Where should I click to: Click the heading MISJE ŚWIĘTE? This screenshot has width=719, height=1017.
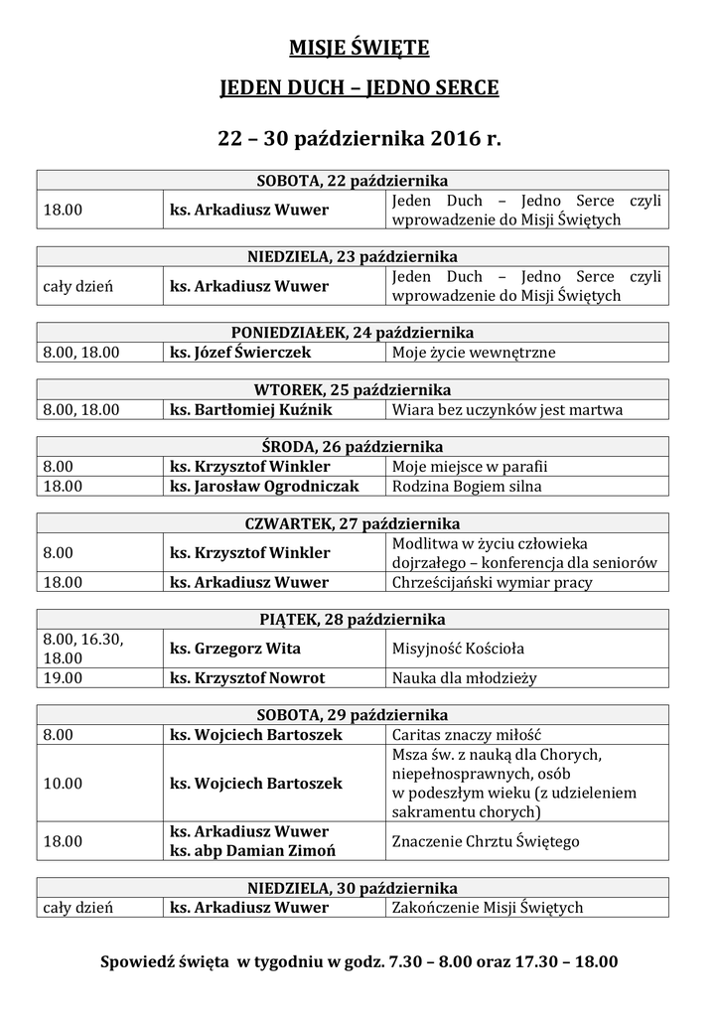[359, 48]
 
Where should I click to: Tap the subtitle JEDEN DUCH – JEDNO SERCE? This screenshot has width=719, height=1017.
[359, 89]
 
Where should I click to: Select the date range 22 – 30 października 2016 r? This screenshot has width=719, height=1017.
[359, 140]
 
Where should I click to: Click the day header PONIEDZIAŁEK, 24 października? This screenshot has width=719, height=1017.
[353, 332]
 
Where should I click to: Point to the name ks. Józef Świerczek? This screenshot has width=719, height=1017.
[240, 352]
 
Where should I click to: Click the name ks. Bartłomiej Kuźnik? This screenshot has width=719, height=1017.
[250, 409]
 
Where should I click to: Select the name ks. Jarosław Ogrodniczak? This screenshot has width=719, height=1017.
[263, 487]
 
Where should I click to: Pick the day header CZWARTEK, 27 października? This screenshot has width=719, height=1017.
[353, 523]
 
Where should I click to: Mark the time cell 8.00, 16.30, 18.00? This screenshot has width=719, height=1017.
[82, 649]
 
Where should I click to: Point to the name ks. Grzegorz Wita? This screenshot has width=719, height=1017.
[235, 649]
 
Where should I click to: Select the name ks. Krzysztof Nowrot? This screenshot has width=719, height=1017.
[247, 678]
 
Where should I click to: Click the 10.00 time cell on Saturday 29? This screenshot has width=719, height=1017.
[63, 783]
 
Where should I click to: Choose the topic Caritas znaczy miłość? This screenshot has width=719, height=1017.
[466, 735]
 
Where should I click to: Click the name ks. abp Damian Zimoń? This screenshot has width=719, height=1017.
[252, 851]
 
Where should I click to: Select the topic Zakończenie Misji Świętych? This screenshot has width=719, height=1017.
[488, 907]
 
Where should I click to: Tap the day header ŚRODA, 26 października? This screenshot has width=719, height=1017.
[353, 447]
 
